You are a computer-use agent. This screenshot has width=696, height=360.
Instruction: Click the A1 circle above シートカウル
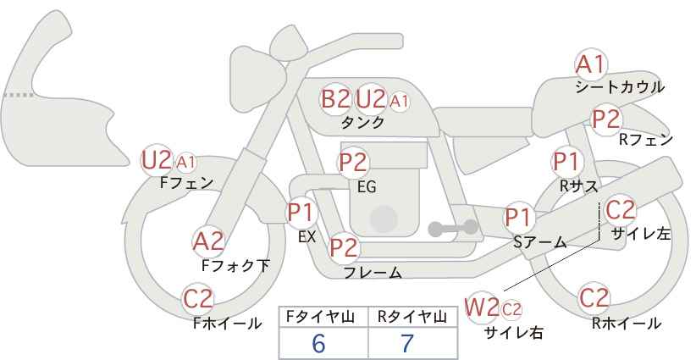pyautogui.click(x=590, y=64)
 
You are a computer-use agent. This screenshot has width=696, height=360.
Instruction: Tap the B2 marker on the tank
pyautogui.click(x=335, y=98)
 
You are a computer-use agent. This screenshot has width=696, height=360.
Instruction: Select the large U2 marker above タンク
pyautogui.click(x=371, y=98)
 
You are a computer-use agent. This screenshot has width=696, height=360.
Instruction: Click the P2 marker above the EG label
pyautogui.click(x=353, y=162)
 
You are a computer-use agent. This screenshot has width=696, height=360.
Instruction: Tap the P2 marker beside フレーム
pyautogui.click(x=344, y=248)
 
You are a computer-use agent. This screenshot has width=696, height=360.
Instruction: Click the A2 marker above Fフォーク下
pyautogui.click(x=208, y=241)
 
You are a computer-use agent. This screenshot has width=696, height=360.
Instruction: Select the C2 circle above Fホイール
pyautogui.click(x=199, y=298)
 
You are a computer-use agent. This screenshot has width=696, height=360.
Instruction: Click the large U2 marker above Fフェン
pyautogui.click(x=157, y=159)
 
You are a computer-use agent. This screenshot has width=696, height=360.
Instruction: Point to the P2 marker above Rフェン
pyautogui.click(x=606, y=119)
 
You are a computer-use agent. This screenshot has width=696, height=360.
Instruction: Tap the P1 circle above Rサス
pyautogui.click(x=566, y=161)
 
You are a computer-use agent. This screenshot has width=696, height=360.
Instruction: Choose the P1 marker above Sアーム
pyautogui.click(x=519, y=218)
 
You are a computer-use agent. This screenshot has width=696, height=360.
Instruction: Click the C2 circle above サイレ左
pyautogui.click(x=620, y=209)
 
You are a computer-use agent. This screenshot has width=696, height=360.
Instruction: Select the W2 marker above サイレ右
pyautogui.click(x=483, y=306)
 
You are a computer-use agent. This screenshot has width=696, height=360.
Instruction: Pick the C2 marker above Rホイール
pyautogui.click(x=594, y=298)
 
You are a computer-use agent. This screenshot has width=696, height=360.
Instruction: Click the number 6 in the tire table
pyautogui.click(x=318, y=344)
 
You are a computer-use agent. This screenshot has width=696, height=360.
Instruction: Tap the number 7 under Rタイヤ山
pyautogui.click(x=407, y=344)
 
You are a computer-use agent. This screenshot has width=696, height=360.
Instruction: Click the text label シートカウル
pyautogui.click(x=619, y=86)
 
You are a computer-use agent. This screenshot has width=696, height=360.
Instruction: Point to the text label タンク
pyautogui.click(x=362, y=122)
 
